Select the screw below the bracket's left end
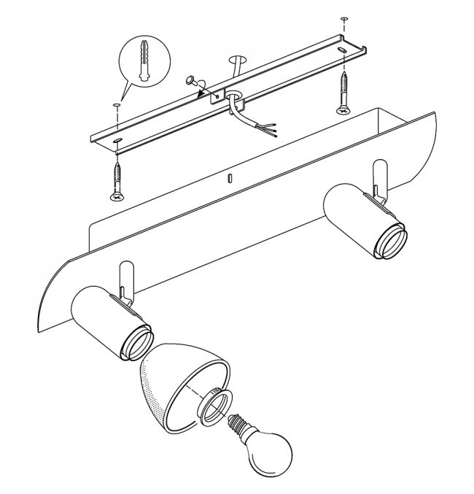(117, 180)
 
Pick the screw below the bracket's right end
(342, 93)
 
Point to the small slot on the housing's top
(230, 177)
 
